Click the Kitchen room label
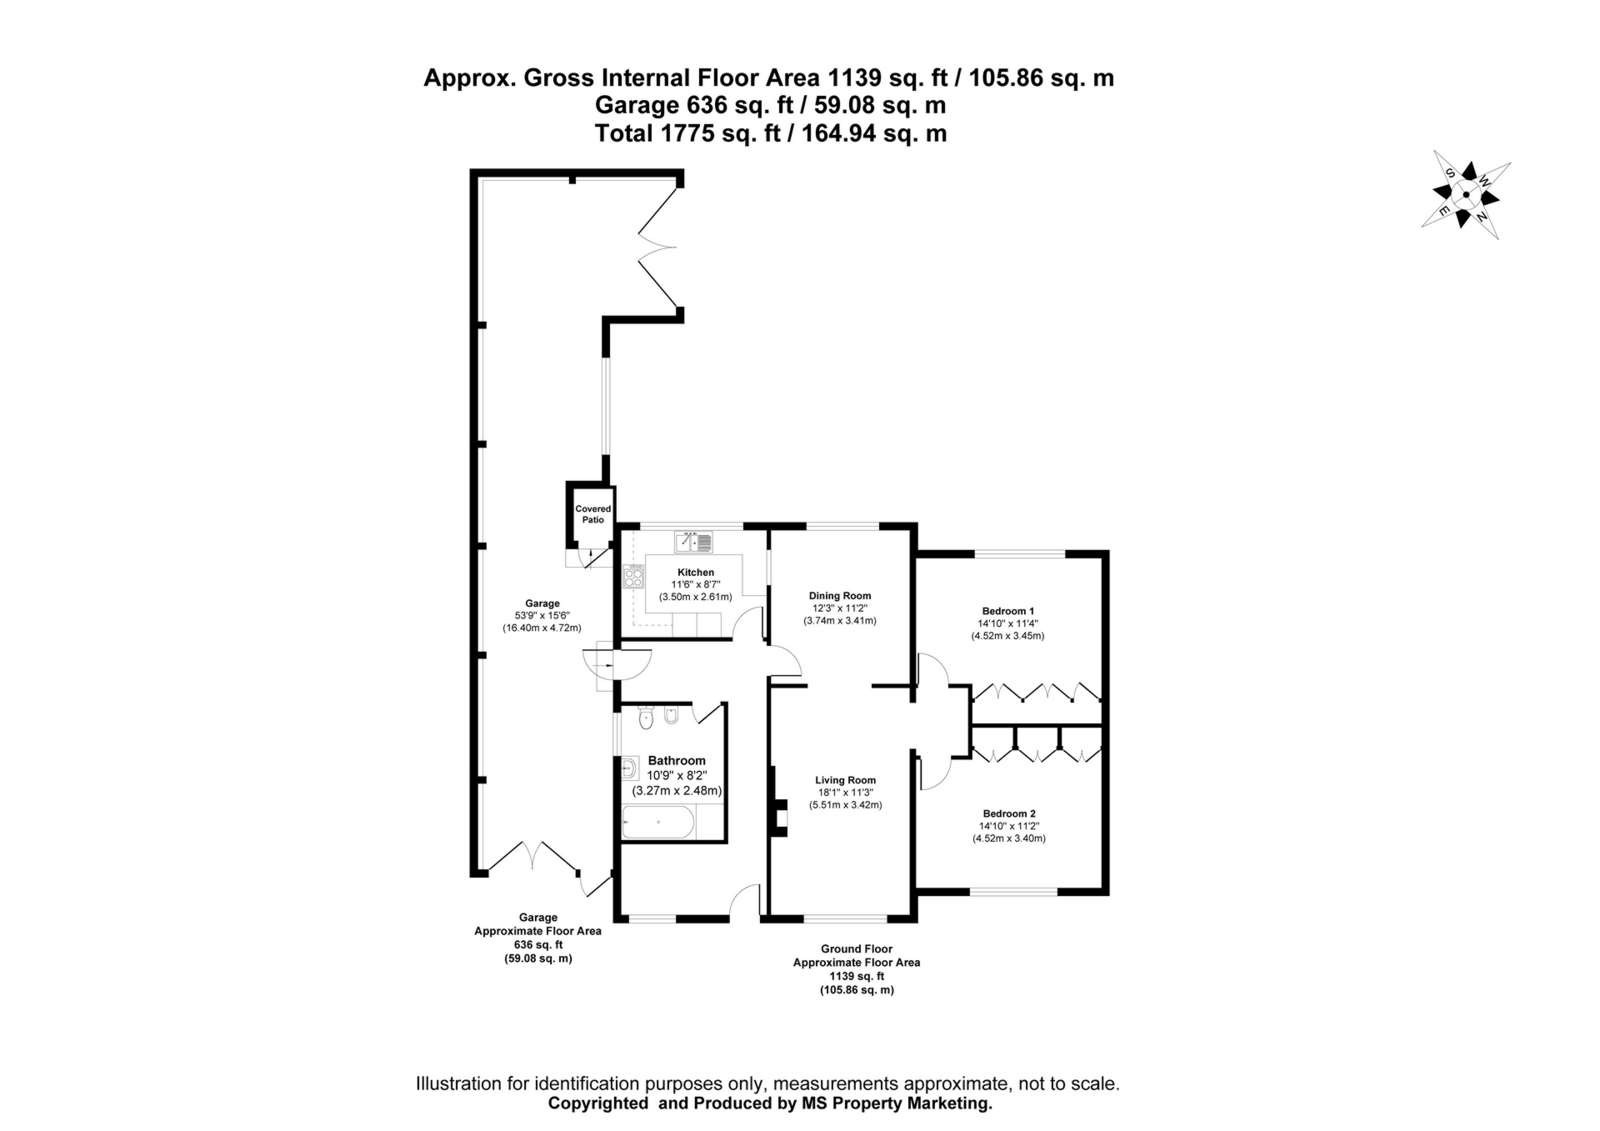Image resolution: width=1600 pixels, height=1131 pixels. click(695, 573)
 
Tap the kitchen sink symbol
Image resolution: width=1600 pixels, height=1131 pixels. click(693, 543)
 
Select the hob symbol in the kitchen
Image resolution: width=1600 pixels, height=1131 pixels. click(633, 576)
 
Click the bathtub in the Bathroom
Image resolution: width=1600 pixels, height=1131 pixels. click(657, 823)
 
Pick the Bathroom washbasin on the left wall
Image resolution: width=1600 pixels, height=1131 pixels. click(629, 768)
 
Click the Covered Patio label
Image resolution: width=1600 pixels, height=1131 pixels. click(592, 514)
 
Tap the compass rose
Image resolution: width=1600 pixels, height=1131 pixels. click(1466, 196)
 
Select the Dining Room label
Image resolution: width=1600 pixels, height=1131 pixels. click(839, 596)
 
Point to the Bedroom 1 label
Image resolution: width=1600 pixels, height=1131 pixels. click(1007, 611)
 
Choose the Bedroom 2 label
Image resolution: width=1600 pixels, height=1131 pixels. click(1008, 813)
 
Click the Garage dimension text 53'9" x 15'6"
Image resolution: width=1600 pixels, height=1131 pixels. click(542, 615)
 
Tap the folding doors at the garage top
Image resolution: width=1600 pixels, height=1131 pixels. click(658, 248)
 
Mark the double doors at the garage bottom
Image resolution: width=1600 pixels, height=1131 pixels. click(532, 856)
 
